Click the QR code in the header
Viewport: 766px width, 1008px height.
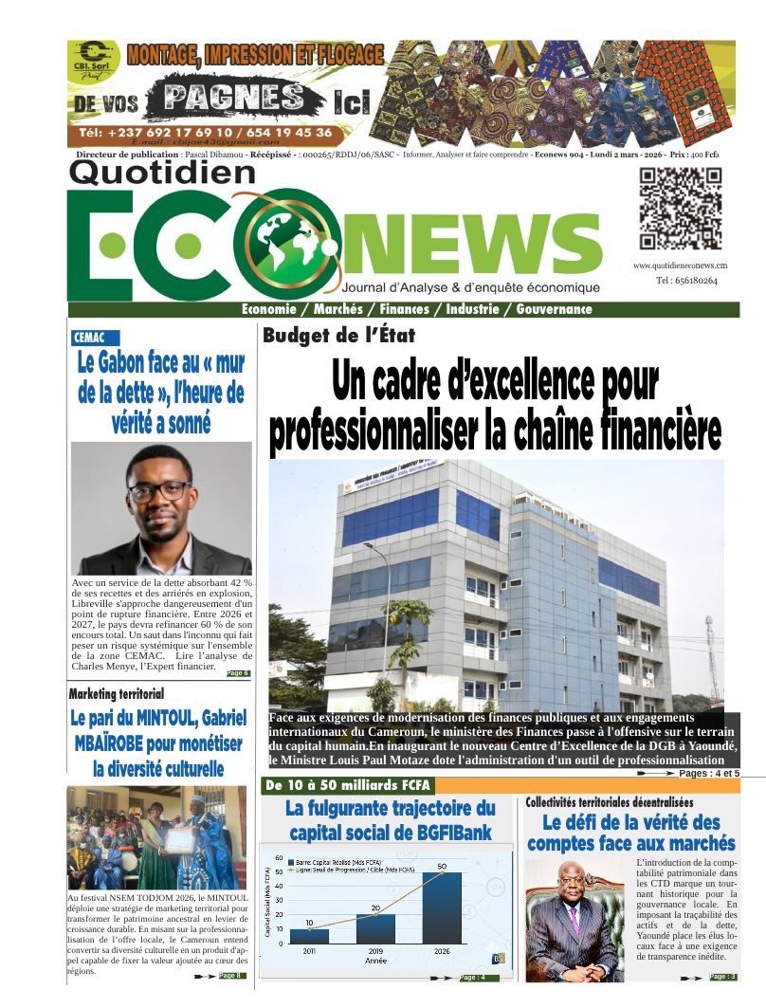(680, 208)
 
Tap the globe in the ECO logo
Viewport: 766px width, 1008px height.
(284, 242)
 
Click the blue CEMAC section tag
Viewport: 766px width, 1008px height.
(95, 337)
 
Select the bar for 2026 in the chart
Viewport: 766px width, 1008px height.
(442, 907)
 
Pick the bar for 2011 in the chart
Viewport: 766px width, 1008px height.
(309, 935)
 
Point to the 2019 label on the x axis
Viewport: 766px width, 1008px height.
(375, 950)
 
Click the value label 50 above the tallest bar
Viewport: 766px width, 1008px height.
(442, 867)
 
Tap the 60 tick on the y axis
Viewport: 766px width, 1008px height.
(279, 858)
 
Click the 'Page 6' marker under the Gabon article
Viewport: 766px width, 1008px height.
(238, 673)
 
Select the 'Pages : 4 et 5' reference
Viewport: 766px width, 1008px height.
(709, 774)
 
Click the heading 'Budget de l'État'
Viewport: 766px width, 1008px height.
(338, 335)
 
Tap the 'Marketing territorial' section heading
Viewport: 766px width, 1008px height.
(117, 694)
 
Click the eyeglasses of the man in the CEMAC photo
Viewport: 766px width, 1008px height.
(158, 491)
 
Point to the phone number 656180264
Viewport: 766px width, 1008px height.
(686, 281)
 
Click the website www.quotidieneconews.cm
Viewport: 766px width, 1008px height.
(681, 266)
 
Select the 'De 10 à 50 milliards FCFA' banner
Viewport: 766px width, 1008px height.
(347, 785)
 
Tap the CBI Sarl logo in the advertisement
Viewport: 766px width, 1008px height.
(91, 60)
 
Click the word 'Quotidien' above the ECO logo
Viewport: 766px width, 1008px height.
(162, 173)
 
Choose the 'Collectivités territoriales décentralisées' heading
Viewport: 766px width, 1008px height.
(610, 802)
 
